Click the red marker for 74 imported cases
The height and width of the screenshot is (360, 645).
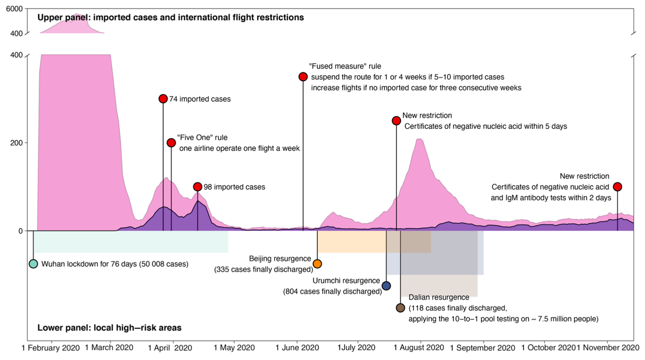click(x=163, y=99)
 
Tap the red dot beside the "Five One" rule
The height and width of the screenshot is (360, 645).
click(x=171, y=143)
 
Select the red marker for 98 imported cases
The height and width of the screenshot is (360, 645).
click(x=198, y=187)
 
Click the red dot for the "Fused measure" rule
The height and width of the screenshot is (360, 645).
click(x=303, y=77)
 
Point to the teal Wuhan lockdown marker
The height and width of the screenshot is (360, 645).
click(x=33, y=264)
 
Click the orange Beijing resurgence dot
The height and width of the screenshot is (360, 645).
click(x=317, y=264)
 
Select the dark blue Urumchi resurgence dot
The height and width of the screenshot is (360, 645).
click(x=386, y=286)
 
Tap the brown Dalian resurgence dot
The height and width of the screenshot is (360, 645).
click(x=400, y=308)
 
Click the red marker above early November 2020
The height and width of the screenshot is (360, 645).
click(x=618, y=187)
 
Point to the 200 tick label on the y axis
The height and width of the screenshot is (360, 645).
click(x=16, y=143)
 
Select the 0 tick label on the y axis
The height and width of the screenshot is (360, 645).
click(x=20, y=231)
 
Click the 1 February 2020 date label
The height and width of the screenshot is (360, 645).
click(x=50, y=348)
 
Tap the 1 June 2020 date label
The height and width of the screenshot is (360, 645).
click(x=298, y=348)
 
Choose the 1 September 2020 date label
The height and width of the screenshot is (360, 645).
click(x=482, y=348)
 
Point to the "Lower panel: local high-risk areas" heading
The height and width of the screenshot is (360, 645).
click(x=109, y=328)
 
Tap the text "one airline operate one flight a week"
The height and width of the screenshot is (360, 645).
click(x=239, y=148)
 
